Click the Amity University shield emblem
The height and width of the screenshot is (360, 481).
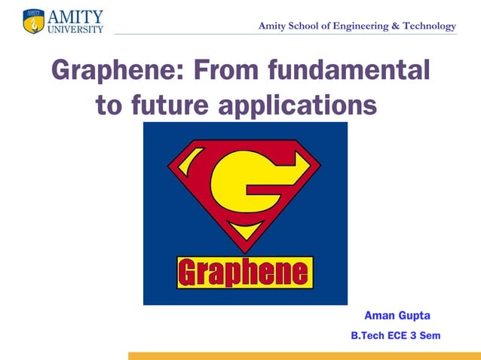click(33, 21)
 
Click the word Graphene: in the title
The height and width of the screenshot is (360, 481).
click(118, 72)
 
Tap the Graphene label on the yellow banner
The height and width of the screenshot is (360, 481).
click(244, 273)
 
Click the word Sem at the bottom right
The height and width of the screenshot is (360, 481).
click(430, 335)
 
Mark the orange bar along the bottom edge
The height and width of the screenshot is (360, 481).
click(304, 355)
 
